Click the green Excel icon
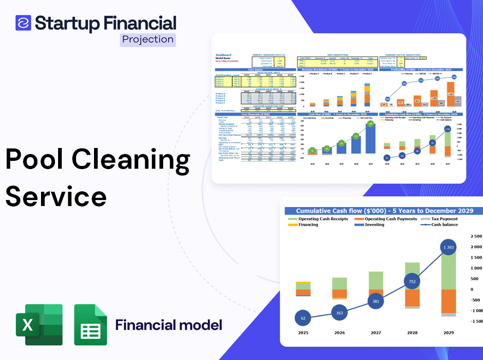point(39,325)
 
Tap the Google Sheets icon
point(90,325)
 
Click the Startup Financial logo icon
point(23,23)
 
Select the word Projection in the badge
point(147,40)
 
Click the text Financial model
point(168,325)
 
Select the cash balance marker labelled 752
point(412,282)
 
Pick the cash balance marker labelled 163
point(340,313)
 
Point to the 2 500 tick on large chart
point(474,236)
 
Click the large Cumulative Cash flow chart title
point(384,211)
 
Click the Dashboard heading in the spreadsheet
point(224,55)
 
